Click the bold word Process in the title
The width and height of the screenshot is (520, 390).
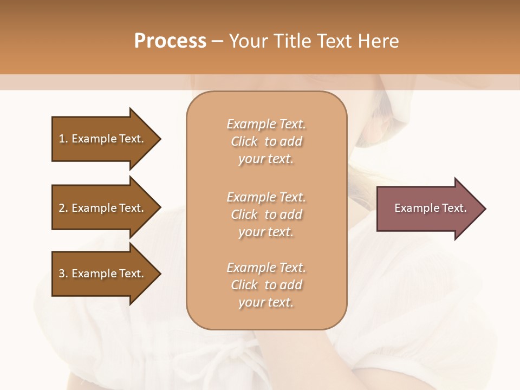click(170, 41)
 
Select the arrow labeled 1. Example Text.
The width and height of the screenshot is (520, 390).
click(103, 139)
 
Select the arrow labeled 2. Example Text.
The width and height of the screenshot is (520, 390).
click(103, 208)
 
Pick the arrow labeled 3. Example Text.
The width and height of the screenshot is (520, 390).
click(103, 274)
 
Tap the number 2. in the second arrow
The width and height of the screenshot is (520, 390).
click(63, 208)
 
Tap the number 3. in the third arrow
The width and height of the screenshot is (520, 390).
click(63, 274)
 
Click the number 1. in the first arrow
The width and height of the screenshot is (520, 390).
click(63, 139)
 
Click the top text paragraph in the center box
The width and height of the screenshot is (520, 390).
click(266, 141)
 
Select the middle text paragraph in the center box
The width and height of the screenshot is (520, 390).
click(266, 214)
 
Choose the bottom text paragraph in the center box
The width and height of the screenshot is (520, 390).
click(266, 285)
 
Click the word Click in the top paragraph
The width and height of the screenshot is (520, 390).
click(244, 141)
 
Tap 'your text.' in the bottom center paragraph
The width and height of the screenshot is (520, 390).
click(266, 302)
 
